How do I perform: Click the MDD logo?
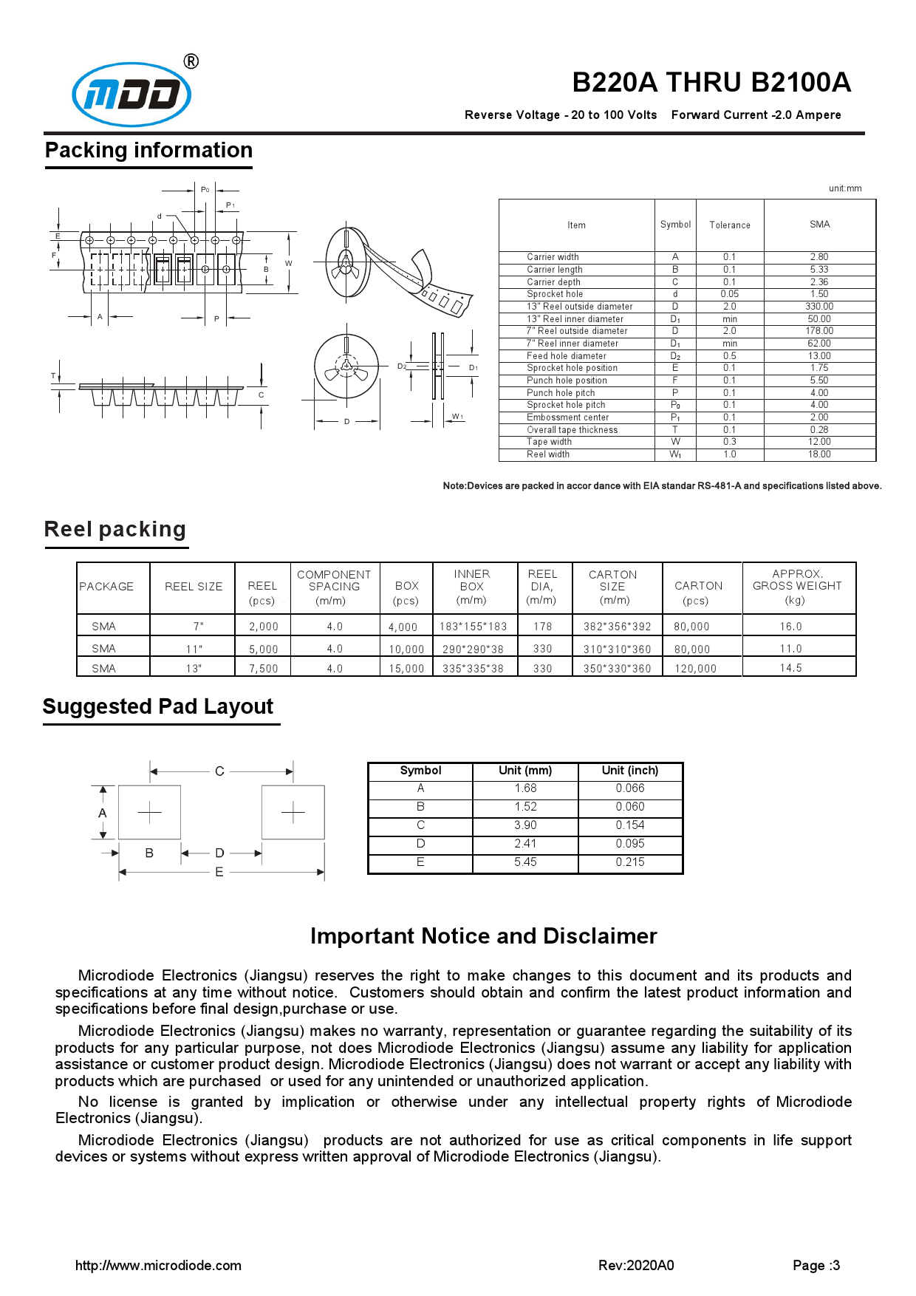pyautogui.click(x=131, y=94)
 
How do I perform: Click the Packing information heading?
pyautogui.click(x=148, y=151)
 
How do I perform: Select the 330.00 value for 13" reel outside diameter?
pyautogui.click(x=819, y=307)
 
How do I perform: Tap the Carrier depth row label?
pyautogui.click(x=553, y=282)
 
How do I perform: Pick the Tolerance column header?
pyautogui.click(x=730, y=225)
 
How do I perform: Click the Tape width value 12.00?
pyautogui.click(x=819, y=442)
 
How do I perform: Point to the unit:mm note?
pyautogui.click(x=845, y=188)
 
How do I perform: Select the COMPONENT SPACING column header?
pyautogui.click(x=334, y=587)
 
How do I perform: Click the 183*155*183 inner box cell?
pyautogui.click(x=473, y=627)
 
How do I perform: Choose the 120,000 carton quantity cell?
pyautogui.click(x=695, y=669)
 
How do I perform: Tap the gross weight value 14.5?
pyautogui.click(x=790, y=668)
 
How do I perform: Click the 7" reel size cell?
pyautogui.click(x=198, y=627)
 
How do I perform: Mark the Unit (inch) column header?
pyautogui.click(x=630, y=771)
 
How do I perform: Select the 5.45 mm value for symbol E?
pyautogui.click(x=525, y=862)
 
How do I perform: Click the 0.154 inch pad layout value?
pyautogui.click(x=630, y=825)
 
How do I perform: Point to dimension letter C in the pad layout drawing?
pyautogui.click(x=219, y=771)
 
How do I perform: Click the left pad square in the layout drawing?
pyautogui.click(x=149, y=813)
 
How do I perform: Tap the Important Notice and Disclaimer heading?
pyautogui.click(x=483, y=936)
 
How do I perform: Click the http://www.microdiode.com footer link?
pyautogui.click(x=158, y=1266)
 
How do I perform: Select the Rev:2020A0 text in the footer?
pyautogui.click(x=636, y=1266)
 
